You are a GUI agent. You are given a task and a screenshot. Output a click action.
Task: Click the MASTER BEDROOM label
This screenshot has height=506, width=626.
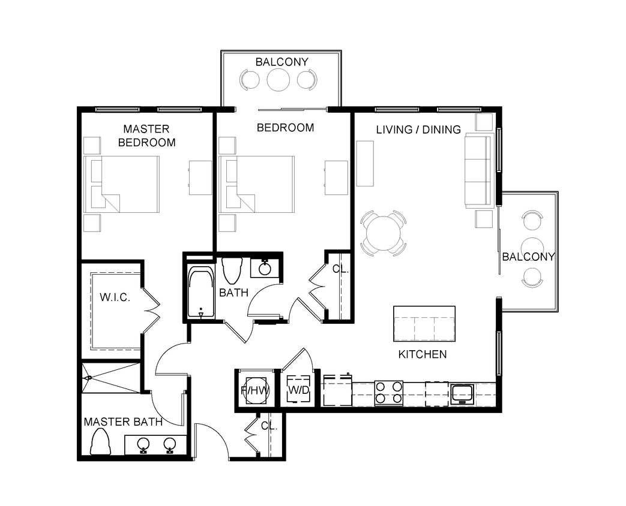pyautogui.click(x=146, y=135)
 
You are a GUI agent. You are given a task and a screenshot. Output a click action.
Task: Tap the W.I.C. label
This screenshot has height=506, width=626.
pyautogui.click(x=115, y=297)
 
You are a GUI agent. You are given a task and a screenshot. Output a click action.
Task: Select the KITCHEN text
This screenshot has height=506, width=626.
pyautogui.click(x=422, y=354)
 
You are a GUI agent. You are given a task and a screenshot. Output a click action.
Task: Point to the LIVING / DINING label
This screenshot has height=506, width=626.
pyautogui.click(x=418, y=129)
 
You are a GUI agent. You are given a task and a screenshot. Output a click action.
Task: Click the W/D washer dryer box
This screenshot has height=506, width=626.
pyautogui.click(x=298, y=388)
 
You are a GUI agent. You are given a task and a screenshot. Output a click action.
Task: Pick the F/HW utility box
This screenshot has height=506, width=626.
pyautogui.click(x=255, y=390)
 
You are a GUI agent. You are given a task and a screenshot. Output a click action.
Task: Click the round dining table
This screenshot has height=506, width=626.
pyautogui.click(x=384, y=233)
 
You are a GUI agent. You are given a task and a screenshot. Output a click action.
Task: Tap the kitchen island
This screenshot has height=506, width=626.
pyautogui.click(x=424, y=324)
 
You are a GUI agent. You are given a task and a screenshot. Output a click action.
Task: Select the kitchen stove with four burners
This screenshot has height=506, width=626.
pyautogui.click(x=388, y=393)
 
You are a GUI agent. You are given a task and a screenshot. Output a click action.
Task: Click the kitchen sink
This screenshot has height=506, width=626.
pyautogui.click(x=462, y=393)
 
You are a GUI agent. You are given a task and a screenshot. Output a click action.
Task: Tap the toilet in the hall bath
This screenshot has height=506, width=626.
pyautogui.click(x=232, y=270)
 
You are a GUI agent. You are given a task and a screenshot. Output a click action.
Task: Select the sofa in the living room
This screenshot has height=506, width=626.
pyautogui.click(x=478, y=171)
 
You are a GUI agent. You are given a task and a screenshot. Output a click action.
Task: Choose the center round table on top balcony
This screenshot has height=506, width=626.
pyautogui.click(x=278, y=80)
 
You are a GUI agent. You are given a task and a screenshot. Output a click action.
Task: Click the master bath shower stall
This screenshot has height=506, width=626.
pyautogui.click(x=110, y=378)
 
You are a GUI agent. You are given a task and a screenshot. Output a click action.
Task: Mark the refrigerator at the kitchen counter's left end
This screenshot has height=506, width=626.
pyautogui.click(x=337, y=391)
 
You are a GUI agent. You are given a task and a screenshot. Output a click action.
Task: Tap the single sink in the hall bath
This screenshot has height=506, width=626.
pyautogui.click(x=265, y=268)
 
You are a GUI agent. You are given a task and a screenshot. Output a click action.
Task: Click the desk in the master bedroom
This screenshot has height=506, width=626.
pyautogui.click(x=200, y=177)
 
